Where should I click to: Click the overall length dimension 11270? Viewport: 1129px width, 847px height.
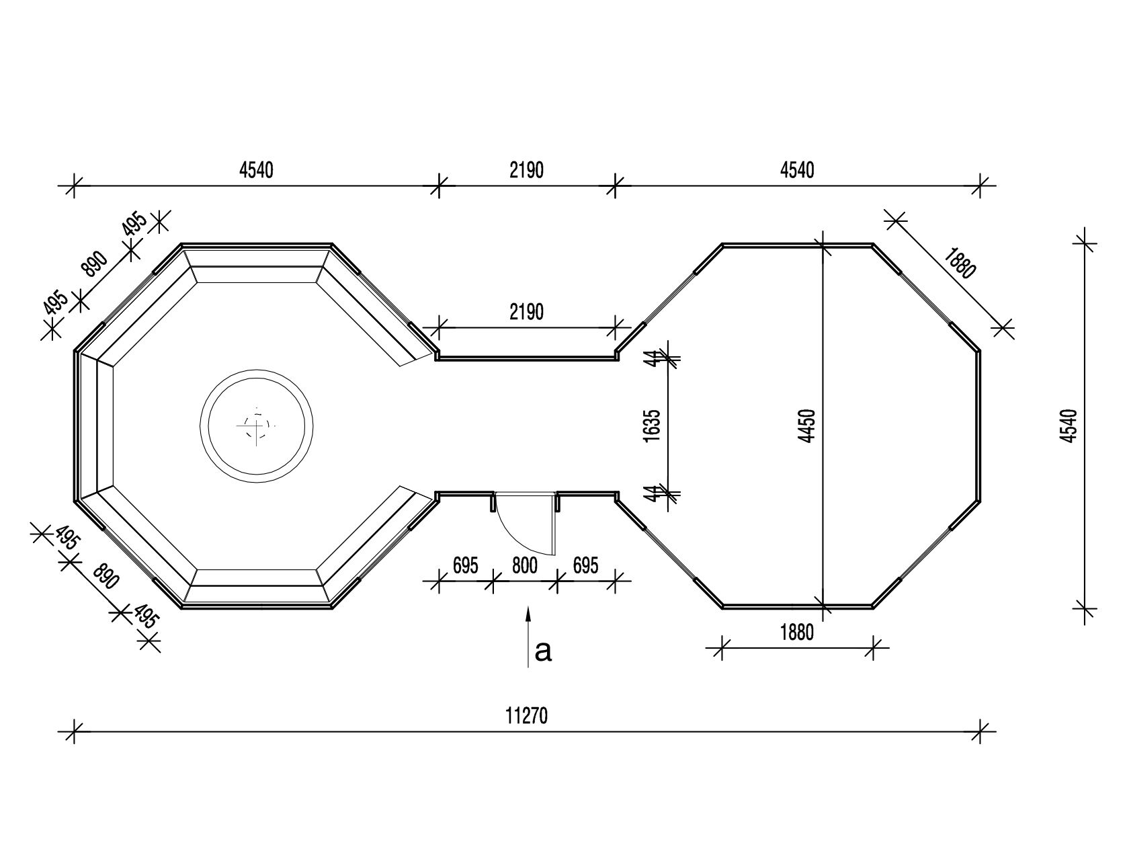coord(526,716)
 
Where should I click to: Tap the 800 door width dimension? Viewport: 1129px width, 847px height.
coord(525,566)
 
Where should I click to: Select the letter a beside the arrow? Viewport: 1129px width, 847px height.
coord(543,651)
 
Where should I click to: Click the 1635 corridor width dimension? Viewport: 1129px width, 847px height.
coord(652,426)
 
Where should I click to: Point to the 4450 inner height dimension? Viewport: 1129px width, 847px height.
coord(808,426)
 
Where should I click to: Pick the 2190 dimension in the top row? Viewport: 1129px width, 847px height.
coord(526,170)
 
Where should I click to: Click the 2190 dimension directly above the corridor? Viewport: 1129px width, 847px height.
coord(526,312)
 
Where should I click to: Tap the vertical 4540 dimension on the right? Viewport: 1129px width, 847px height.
coord(1069,426)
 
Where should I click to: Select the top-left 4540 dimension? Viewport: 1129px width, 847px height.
coord(256,170)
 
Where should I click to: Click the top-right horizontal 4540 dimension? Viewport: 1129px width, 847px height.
coord(797,170)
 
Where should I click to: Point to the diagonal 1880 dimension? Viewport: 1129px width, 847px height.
coord(960,264)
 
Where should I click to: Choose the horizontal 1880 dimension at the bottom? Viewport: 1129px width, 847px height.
coord(797,633)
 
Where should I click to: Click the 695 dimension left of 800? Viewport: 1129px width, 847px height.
coord(466,566)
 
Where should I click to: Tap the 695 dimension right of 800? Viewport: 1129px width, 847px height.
coord(586,566)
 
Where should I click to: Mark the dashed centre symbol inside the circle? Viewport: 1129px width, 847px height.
coord(256,426)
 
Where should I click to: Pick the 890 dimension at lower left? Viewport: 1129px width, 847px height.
coord(106,577)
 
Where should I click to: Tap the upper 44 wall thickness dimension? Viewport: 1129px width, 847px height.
coord(652,359)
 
